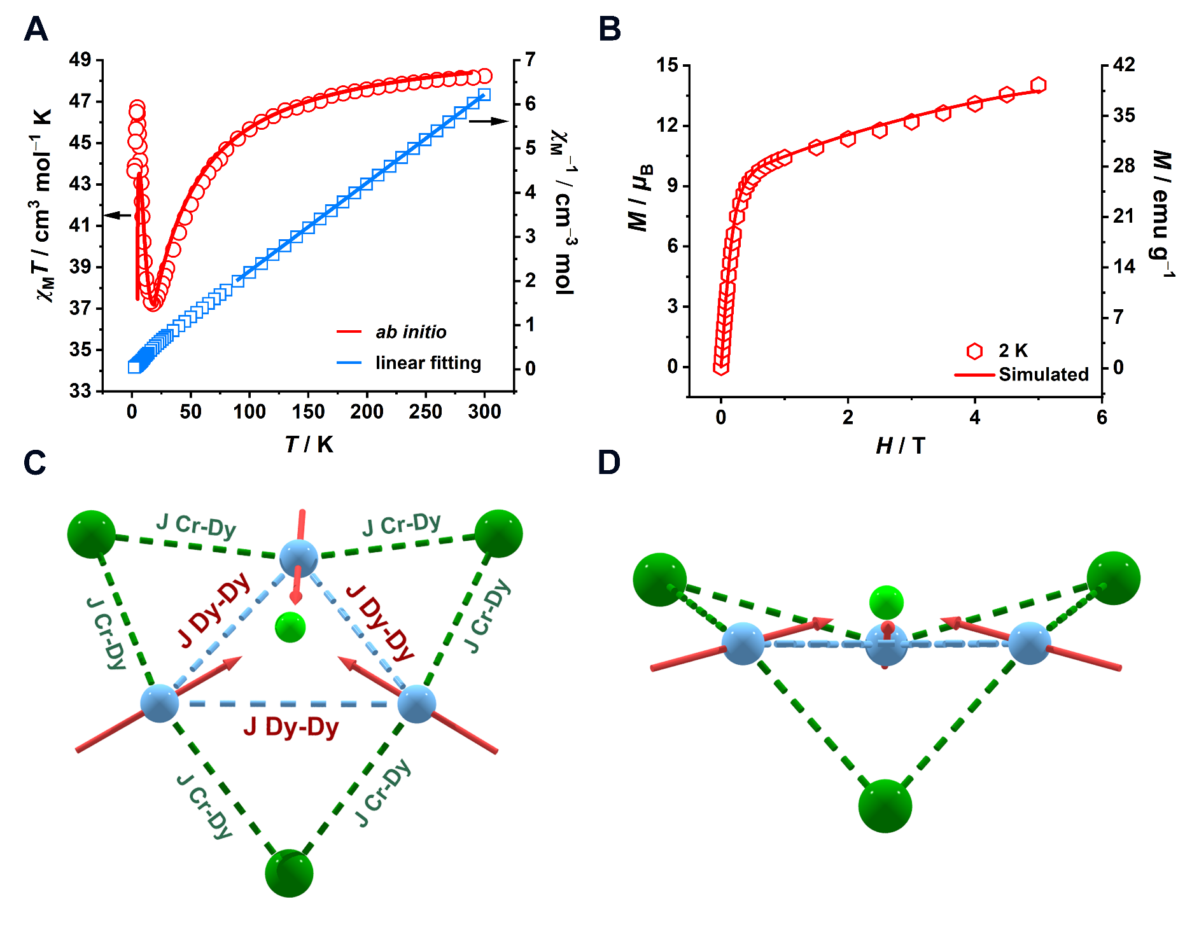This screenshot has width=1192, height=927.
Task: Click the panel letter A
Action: click(x=36, y=29)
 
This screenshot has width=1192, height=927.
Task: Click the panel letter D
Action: click(x=609, y=463)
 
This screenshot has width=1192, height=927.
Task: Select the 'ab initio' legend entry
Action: click(x=410, y=332)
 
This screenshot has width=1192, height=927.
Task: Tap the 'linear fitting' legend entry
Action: click(x=428, y=363)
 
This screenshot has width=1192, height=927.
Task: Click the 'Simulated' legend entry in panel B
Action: click(x=1043, y=374)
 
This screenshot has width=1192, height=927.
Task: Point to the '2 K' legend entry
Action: click(x=1013, y=351)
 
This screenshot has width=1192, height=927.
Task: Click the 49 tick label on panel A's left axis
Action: click(x=80, y=60)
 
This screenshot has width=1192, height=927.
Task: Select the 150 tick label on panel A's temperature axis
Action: click(x=308, y=412)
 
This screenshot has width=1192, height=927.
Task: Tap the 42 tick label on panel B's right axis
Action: click(x=1124, y=65)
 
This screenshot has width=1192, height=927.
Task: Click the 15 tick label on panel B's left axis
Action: click(x=668, y=65)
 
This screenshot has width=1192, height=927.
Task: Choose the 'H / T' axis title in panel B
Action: click(x=900, y=446)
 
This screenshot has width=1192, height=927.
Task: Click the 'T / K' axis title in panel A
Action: click(x=309, y=444)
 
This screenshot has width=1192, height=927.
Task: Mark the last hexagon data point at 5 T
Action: click(x=1038, y=85)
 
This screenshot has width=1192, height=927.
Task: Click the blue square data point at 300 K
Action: click(x=484, y=95)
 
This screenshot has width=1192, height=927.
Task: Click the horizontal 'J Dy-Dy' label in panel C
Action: click(x=291, y=727)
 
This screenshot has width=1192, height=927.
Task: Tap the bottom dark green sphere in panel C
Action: click(x=290, y=872)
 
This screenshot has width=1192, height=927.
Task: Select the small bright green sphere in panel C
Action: click(x=290, y=627)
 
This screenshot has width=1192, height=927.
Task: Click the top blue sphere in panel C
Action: click(x=298, y=558)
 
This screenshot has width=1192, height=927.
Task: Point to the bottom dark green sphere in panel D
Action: click(x=885, y=805)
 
